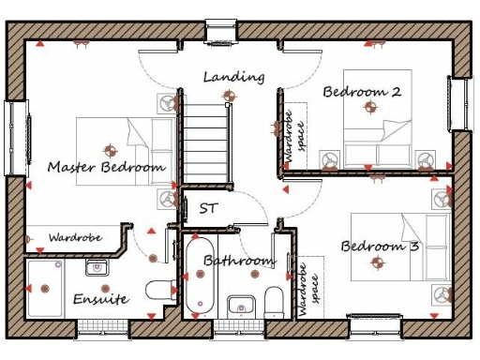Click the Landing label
click(x=233, y=77)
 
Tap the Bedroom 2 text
click(x=362, y=92)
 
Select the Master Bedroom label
click(x=106, y=167)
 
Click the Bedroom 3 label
click(x=380, y=247)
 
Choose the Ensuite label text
click(x=100, y=299)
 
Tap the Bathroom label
click(x=239, y=260)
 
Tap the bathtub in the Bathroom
click(x=200, y=277)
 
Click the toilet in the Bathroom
click(x=274, y=301)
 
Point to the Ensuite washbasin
click(x=97, y=268)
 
